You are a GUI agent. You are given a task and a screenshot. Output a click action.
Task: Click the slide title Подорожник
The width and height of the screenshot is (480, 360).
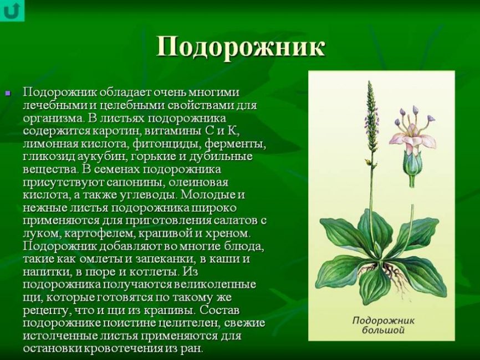tap(241, 48)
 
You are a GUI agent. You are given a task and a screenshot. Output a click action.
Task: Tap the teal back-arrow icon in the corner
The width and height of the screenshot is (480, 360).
tap(12, 11)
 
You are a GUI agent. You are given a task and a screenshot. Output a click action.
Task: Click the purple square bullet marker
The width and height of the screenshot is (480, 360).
tap(8, 92)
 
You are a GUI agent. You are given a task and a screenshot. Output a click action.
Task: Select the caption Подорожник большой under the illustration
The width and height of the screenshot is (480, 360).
tap(383, 325)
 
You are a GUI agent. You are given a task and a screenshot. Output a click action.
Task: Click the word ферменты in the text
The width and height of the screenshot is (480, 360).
tap(235, 144)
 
